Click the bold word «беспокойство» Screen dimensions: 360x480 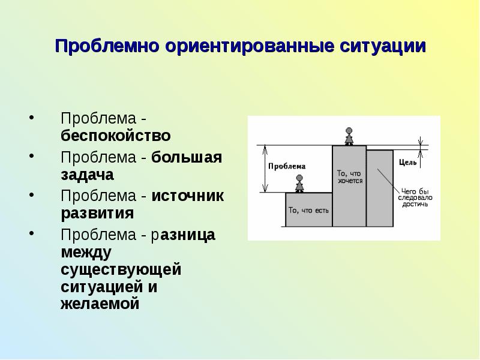[x=115, y=134]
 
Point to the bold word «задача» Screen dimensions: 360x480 [x=87, y=175]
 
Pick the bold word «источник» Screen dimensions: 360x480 [x=187, y=196]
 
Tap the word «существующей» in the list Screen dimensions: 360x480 [x=121, y=269]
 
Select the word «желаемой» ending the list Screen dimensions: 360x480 [x=100, y=304]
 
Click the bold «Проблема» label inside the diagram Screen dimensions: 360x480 [x=287, y=166]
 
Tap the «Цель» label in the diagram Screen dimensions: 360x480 [x=404, y=162]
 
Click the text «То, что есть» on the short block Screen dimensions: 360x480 [x=308, y=210]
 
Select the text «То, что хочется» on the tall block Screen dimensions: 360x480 [x=350, y=176]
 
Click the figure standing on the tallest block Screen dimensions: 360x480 [x=349, y=135]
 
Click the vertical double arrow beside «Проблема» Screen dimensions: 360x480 [x=263, y=169]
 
